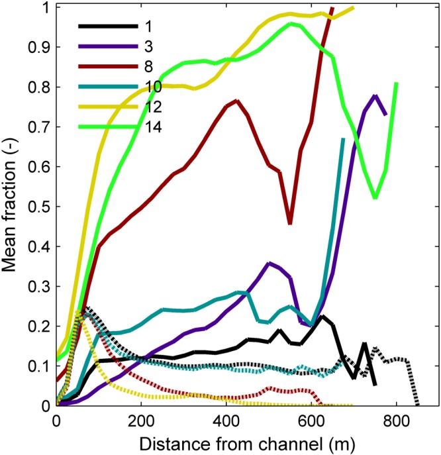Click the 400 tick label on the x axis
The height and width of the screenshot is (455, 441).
(x=226, y=420)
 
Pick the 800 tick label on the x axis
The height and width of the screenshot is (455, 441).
(x=397, y=420)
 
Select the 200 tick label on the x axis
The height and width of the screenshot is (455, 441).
(x=141, y=420)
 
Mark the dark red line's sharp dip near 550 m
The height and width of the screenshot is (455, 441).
(x=290, y=224)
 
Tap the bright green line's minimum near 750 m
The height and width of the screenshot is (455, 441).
(x=375, y=197)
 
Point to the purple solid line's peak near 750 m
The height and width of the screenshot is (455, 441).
(x=375, y=96)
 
